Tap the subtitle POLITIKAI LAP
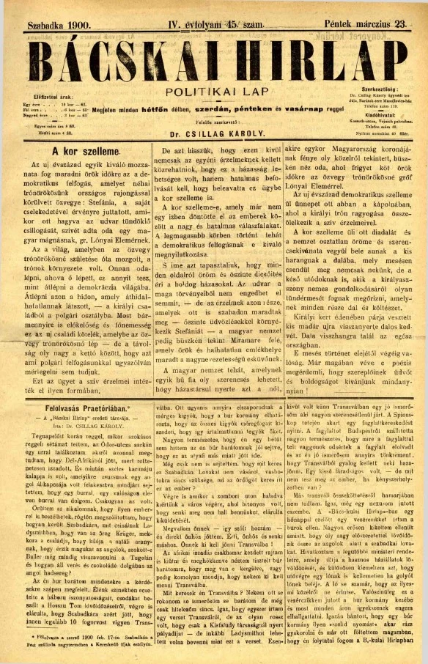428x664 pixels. (213, 92)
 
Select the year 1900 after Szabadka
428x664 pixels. (73, 23)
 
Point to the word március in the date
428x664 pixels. (364, 23)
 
